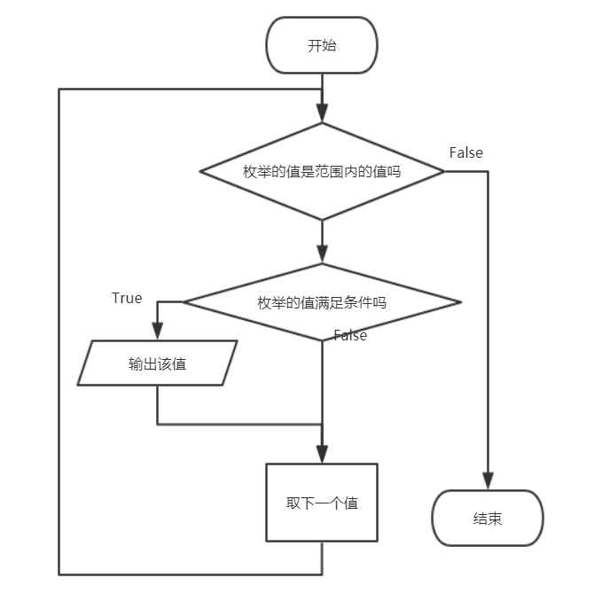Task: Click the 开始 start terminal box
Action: tap(322, 46)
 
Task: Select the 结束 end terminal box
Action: tap(487, 519)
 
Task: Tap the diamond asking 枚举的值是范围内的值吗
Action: tap(322, 172)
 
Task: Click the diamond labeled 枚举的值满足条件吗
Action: tap(322, 302)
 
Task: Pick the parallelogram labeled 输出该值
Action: tap(157, 363)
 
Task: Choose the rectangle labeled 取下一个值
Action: tap(322, 503)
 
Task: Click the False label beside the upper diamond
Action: tap(465, 152)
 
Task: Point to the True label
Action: tap(127, 298)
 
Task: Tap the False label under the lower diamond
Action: tap(350, 335)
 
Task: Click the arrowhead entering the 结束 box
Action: tap(488, 481)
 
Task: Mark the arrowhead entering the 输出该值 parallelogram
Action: tap(158, 332)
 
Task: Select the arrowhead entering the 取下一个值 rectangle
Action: tap(322, 453)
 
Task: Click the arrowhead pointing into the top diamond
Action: tap(322, 113)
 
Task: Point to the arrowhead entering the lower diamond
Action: tap(322, 254)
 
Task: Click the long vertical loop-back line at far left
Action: tap(59, 337)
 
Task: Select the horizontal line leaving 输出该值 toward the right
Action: tap(239, 424)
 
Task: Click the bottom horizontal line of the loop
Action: tap(191, 574)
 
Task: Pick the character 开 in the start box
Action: tap(315, 46)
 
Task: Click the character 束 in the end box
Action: tap(495, 519)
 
